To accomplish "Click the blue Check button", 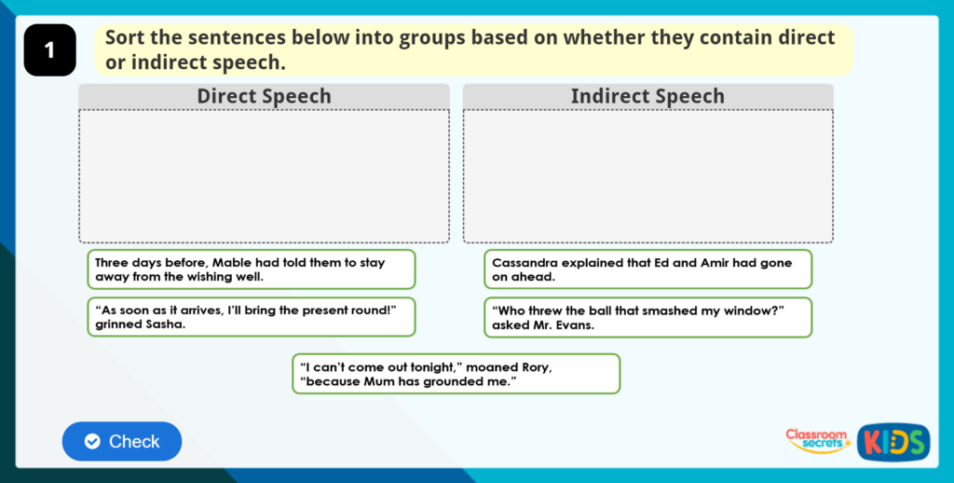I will [x=122, y=441].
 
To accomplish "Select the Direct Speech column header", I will [x=264, y=96].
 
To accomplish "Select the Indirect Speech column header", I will [x=647, y=96].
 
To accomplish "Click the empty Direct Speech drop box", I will [x=264, y=176].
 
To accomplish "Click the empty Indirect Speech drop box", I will [x=647, y=176].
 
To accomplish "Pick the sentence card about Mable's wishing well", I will [x=251, y=269].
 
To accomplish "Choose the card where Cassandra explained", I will [x=647, y=269].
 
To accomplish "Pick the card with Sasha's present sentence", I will [x=251, y=317].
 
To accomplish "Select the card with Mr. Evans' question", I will [x=647, y=317].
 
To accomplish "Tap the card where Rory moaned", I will [x=456, y=374].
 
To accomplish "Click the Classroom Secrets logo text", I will [x=817, y=440].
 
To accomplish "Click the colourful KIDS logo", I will [x=893, y=441].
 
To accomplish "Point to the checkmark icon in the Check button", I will [x=92, y=442].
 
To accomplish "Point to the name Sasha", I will [x=164, y=325].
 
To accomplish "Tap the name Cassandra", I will [x=526, y=263].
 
